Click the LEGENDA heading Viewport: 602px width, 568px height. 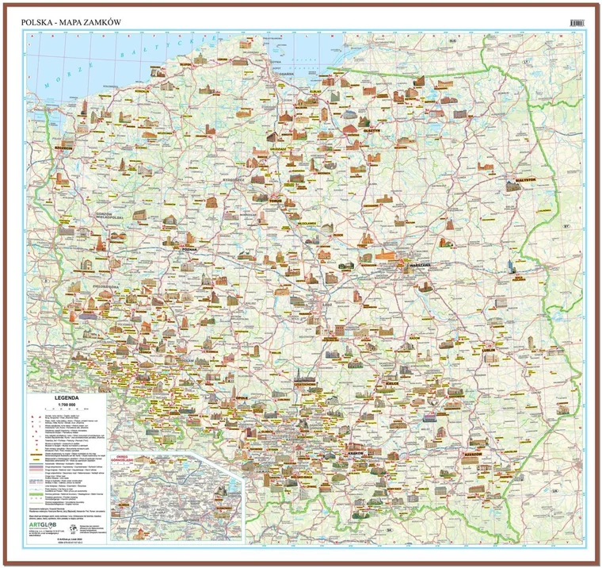pyautogui.click(x=66, y=401)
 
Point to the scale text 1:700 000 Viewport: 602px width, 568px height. pyautogui.click(x=66, y=407)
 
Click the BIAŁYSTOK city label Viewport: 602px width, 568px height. pyautogui.click(x=519, y=180)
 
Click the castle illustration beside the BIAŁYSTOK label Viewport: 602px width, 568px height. pyautogui.click(x=513, y=168)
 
